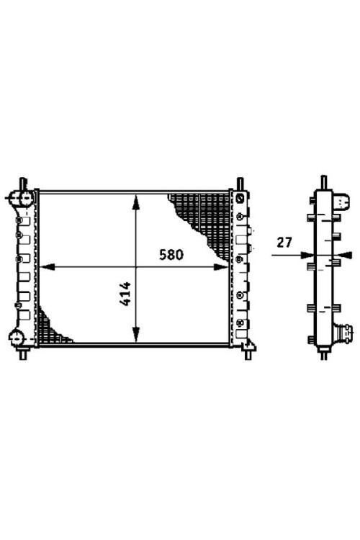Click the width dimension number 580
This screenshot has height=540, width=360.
[171, 255]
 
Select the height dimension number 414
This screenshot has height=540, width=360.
[125, 294]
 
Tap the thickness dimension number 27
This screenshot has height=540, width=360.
[284, 243]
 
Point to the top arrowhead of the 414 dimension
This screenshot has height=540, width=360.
[136, 202]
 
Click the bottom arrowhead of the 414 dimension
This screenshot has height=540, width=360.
[136, 334]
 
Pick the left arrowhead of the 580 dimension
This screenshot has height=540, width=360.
[48, 267]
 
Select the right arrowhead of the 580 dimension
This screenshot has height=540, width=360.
[221, 267]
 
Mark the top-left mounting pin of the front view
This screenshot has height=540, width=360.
[23, 183]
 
